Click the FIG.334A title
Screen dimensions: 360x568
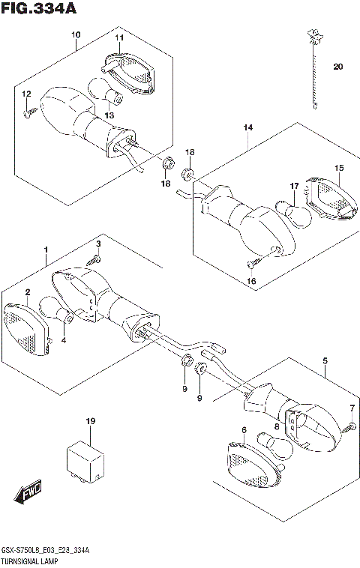point(39,7)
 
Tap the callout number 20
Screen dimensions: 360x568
point(337,67)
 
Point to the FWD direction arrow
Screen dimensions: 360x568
point(28,492)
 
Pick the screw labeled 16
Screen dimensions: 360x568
point(254,262)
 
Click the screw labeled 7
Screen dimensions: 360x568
point(349,426)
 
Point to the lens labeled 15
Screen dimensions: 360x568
point(331,198)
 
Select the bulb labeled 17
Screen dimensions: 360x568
point(294,214)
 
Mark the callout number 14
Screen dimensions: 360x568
point(248,127)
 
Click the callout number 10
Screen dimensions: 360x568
point(76,34)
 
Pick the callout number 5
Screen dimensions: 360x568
point(325,360)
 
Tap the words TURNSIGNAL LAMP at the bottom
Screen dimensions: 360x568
point(29,562)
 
